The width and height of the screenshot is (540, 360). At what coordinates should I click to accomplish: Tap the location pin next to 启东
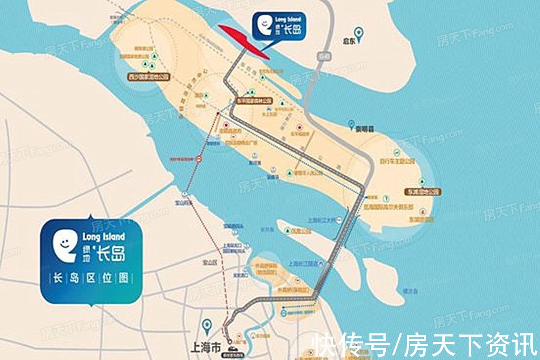(x=360, y=34)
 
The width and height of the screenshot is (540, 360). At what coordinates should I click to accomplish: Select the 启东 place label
(x=349, y=41)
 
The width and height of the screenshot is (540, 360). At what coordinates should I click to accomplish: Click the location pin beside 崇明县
(x=351, y=125)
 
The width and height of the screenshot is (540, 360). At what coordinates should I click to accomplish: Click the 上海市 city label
(x=206, y=348)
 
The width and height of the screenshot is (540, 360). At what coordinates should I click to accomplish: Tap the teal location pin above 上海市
(x=208, y=326)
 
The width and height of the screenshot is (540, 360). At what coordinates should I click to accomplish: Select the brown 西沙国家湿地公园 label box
(x=149, y=77)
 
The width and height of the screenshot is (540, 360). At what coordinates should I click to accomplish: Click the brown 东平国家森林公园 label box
(x=255, y=101)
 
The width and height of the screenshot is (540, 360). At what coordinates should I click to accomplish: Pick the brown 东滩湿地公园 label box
(x=422, y=192)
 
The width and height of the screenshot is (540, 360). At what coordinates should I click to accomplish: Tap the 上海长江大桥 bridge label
(x=322, y=220)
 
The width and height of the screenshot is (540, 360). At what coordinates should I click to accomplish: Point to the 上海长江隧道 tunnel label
(x=303, y=264)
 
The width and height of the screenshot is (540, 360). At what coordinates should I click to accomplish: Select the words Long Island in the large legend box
(x=103, y=237)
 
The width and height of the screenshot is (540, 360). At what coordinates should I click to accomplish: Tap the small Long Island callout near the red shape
(x=278, y=26)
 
